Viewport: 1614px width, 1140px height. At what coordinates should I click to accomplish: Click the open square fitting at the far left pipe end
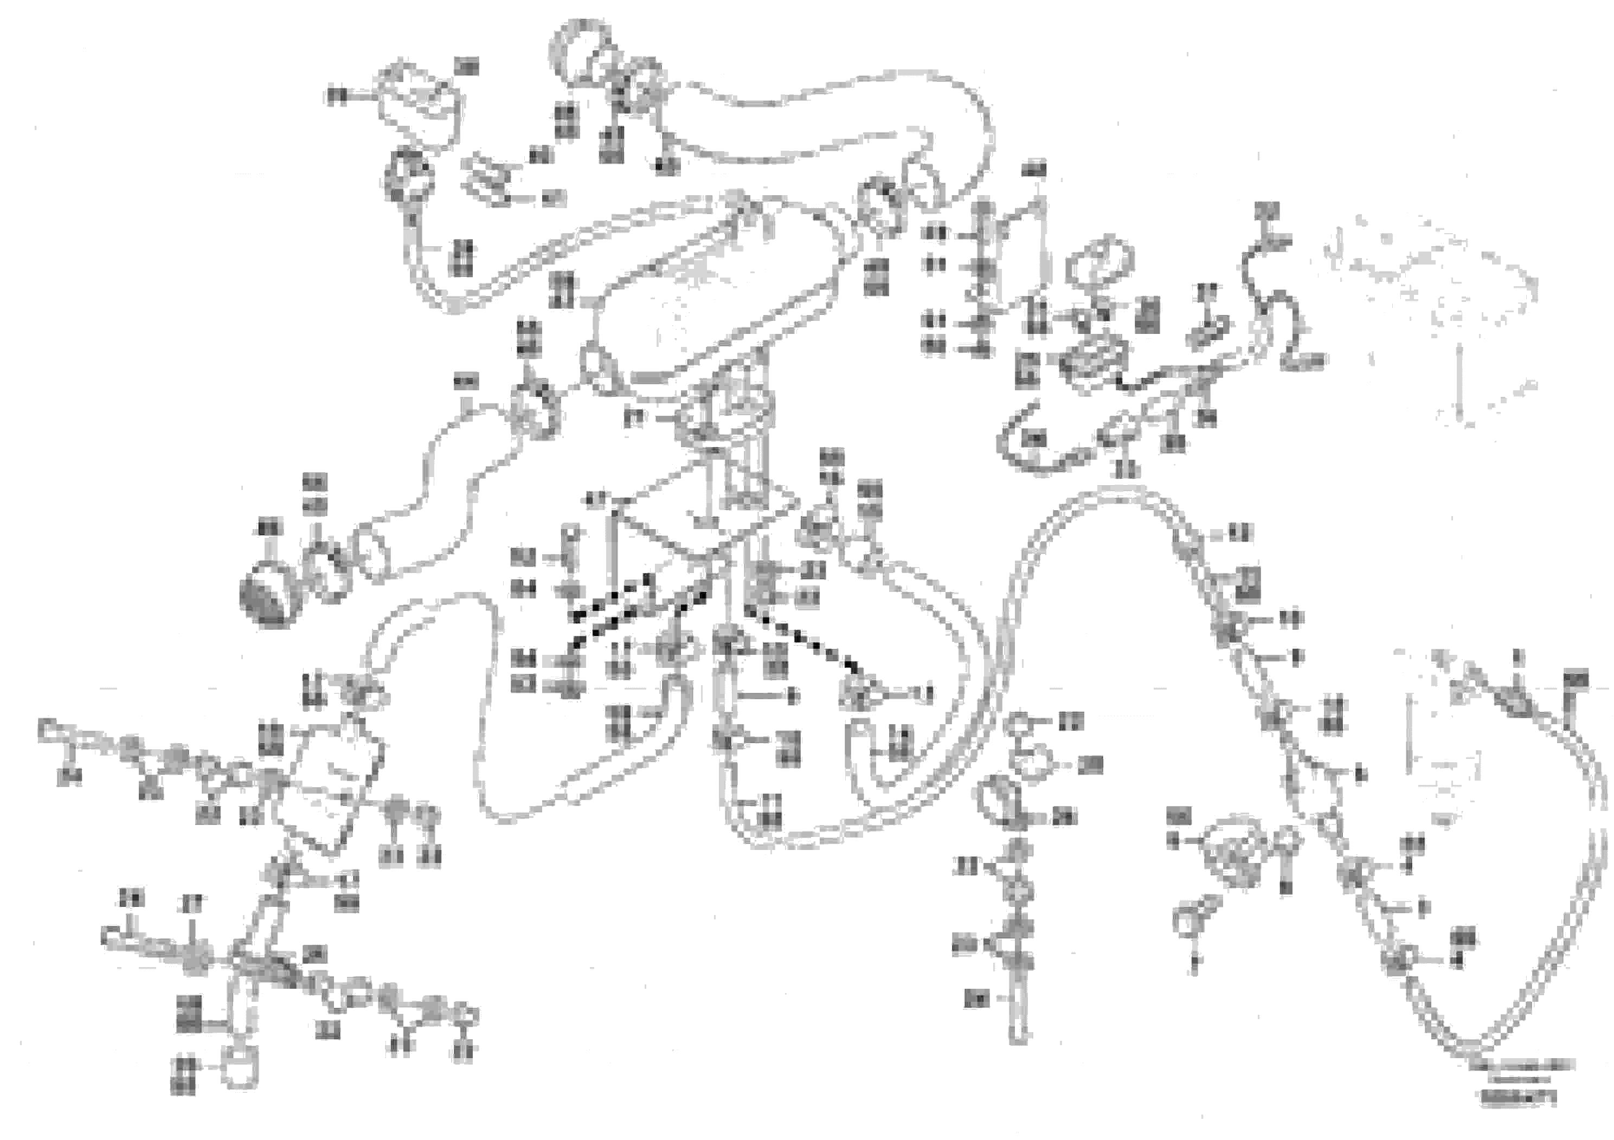(x=47, y=729)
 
